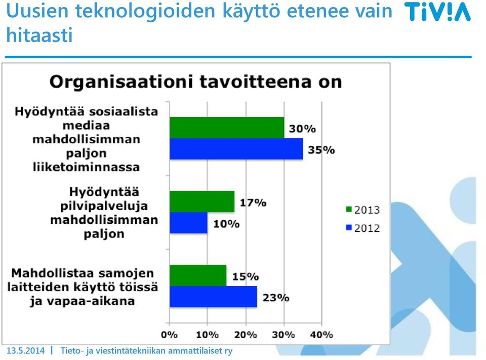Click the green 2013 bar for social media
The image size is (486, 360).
[227, 128]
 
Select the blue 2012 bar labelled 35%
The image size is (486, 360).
[236, 149]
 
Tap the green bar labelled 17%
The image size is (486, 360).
[202, 202]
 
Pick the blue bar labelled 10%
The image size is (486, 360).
[189, 223]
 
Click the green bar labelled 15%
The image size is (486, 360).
[198, 275]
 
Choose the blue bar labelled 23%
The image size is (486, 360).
[214, 297]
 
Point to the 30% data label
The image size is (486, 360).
[303, 129]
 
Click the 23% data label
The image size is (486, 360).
[276, 298]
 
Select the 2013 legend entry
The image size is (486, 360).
[363, 210]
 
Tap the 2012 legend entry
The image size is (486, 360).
[363, 228]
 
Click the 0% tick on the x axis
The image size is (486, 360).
[169, 335]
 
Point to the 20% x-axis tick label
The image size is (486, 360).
[246, 335]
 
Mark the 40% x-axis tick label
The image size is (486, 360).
[321, 335]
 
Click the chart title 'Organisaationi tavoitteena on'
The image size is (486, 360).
[195, 82]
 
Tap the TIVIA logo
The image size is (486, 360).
[437, 12]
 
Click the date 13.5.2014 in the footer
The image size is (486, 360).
[25, 351]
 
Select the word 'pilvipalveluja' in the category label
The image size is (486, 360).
[104, 206]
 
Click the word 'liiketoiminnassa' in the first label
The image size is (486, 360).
[86, 167]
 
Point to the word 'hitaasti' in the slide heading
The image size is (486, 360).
[39, 34]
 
